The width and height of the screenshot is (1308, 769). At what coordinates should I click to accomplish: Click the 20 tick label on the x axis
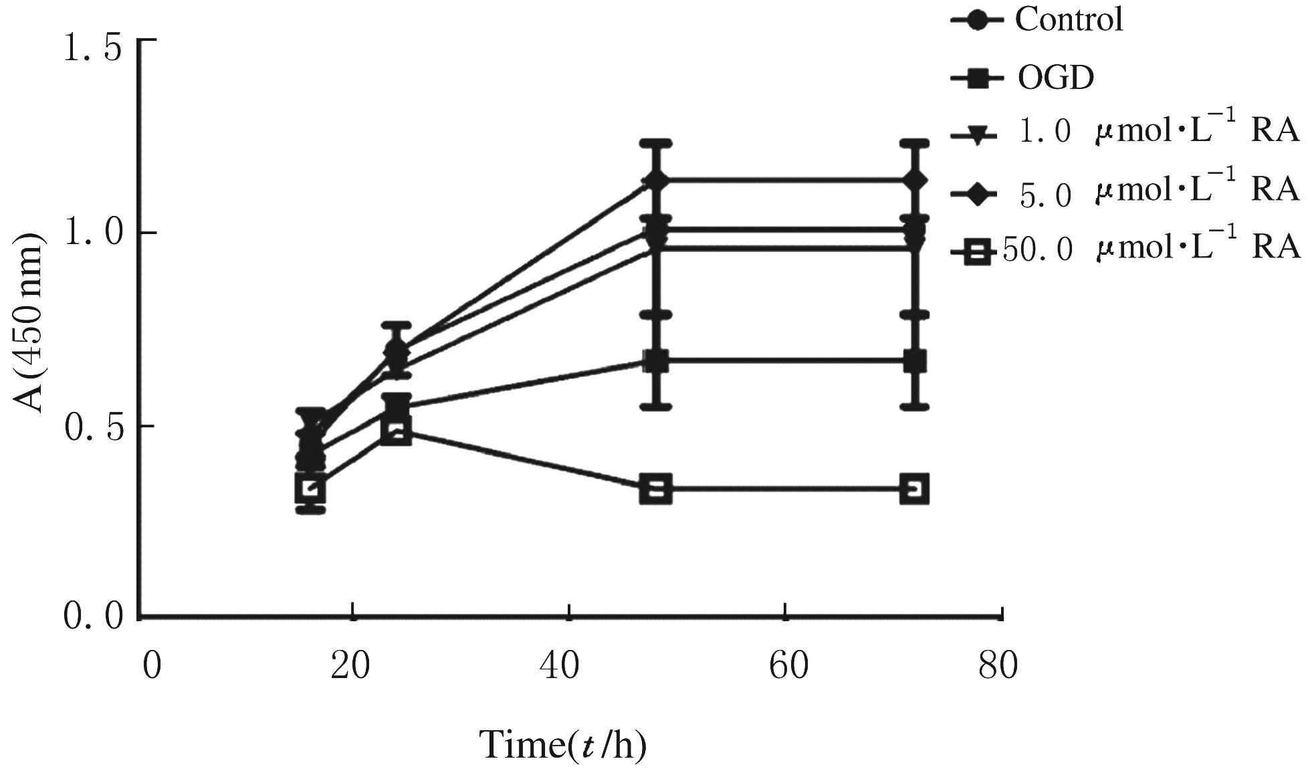(350, 666)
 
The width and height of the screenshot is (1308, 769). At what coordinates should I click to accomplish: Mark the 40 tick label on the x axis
(567, 666)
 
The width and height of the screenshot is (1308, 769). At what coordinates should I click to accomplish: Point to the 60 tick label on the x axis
(784, 666)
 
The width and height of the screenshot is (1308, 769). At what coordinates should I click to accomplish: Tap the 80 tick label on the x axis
(998, 666)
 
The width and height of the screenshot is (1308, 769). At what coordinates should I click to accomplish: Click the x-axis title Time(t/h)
(564, 744)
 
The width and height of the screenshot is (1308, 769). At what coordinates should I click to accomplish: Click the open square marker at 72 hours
(914, 489)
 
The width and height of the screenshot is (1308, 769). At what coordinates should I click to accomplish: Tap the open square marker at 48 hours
(655, 489)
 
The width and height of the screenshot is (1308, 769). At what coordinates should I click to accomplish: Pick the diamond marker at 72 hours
(914, 180)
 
